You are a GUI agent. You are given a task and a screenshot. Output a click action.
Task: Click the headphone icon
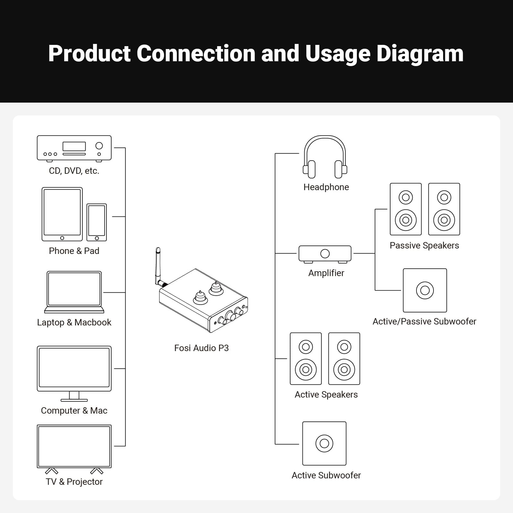325,157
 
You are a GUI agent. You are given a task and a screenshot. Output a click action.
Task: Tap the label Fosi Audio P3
201,348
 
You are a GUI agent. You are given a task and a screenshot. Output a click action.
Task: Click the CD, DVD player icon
74,148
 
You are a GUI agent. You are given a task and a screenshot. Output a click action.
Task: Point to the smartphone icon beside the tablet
97,222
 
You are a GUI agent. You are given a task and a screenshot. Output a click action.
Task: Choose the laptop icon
74,292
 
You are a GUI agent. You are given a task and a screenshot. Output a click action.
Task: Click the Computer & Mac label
74,410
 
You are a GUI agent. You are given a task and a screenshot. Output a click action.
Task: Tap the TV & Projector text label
74,482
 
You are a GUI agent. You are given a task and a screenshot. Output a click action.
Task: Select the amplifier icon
325,254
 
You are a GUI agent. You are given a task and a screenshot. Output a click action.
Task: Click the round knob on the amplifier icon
325,254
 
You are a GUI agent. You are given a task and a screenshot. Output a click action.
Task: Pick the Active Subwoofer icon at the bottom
324,443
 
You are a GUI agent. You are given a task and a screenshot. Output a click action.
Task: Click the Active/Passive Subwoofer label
424,321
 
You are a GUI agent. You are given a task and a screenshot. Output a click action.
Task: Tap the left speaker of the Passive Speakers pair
406,209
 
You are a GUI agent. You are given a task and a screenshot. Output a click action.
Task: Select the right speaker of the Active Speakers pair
344,358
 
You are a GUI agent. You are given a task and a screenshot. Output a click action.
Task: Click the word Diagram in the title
420,54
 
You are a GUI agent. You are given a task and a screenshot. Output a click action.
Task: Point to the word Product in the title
89,54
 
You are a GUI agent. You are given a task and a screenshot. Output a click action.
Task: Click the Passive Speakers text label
424,245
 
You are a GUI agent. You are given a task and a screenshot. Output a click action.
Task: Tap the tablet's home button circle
62,238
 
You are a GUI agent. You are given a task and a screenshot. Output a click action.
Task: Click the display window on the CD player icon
74,146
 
